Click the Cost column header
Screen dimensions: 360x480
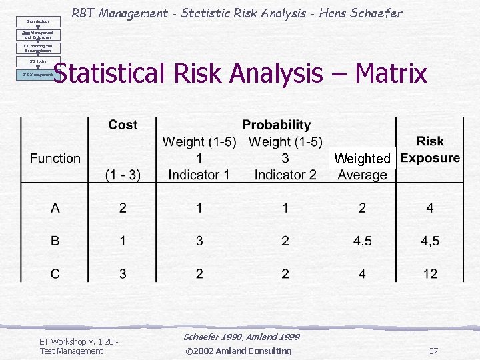pos(123,125)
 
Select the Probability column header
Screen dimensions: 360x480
pos(276,125)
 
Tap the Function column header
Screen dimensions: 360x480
pos(55,158)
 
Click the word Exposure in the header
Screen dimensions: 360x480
pos(430,158)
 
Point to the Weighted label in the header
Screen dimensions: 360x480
pos(362,159)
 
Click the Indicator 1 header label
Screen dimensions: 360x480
pos(199,175)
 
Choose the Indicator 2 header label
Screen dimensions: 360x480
pos(285,175)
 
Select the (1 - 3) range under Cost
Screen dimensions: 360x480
pos(123,175)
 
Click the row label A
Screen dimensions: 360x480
pos(55,208)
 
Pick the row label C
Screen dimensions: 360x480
pos(55,273)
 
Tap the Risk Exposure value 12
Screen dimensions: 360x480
pos(430,273)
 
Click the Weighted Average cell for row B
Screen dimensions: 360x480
pos(362,241)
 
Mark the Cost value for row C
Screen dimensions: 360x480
pos(123,273)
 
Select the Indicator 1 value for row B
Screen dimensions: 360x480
pos(199,241)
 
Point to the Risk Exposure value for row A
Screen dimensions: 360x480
pos(430,208)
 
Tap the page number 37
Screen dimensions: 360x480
pos(433,351)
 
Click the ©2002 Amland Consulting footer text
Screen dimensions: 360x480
pos(238,351)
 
